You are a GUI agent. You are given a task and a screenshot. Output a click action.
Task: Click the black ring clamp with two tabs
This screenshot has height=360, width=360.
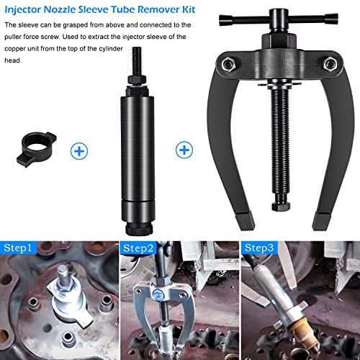pos(37,149)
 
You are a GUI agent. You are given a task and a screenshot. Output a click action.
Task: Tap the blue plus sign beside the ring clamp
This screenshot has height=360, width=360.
pos(79,151)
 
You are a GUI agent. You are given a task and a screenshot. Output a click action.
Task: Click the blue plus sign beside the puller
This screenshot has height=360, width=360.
pos(184,150)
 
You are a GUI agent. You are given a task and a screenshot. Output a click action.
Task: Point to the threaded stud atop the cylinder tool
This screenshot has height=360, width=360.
pos(137,61)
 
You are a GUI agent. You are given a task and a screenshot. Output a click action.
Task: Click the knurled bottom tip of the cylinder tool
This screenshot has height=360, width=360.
pos(138,229)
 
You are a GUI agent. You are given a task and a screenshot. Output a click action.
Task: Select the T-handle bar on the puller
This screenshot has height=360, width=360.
pos(279,19)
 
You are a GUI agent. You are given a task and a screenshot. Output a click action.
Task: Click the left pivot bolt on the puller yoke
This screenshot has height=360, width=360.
pos(228,64)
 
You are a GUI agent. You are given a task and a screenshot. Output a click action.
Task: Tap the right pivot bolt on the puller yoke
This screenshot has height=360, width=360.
pos(330,64)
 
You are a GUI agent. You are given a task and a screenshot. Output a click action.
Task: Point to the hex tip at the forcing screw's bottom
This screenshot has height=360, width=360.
pos(281,207)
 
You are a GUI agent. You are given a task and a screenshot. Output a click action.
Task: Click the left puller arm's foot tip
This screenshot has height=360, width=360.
pos(246,221)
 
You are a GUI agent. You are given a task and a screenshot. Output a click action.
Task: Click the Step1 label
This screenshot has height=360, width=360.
pos(18,248)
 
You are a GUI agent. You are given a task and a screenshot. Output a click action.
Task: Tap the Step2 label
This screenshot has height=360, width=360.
pos(138,248)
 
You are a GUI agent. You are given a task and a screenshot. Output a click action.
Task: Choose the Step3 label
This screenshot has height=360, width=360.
pos(259,248)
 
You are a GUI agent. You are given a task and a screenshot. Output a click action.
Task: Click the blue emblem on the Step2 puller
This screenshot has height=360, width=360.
pos(158,293)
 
